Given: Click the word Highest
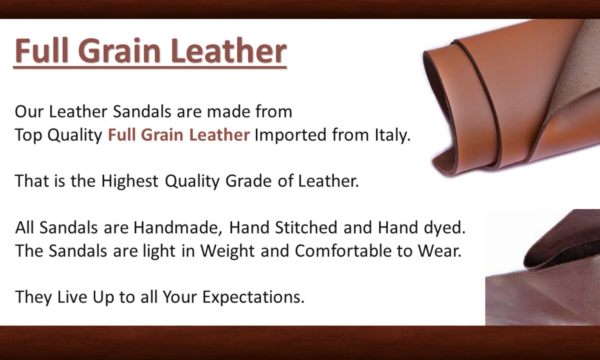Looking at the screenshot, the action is [130, 181].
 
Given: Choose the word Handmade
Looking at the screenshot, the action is [178, 228].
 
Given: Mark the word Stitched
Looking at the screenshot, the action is [306, 227].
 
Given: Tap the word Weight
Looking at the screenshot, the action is [227, 251].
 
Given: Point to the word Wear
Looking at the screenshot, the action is [439, 251].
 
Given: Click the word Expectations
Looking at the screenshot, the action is [254, 297].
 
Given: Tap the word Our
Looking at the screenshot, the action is [29, 111].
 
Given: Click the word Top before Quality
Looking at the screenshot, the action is [29, 135].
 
